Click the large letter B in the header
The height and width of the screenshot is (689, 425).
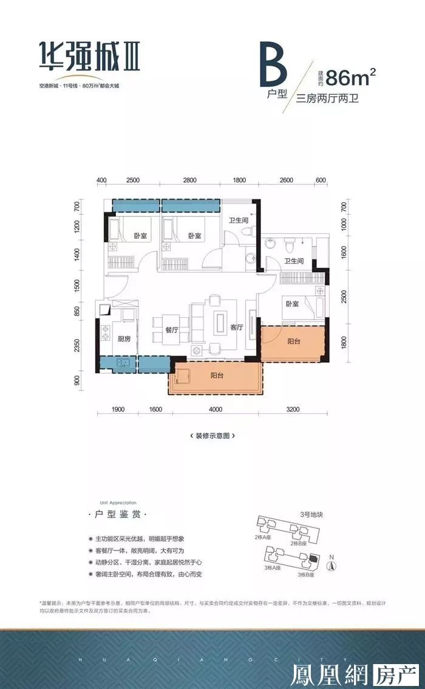click(272, 66)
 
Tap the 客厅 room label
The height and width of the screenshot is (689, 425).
click(237, 327)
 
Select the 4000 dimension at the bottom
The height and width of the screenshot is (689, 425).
click(216, 410)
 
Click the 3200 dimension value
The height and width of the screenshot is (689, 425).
click(293, 410)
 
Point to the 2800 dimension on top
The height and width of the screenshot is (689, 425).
click(189, 180)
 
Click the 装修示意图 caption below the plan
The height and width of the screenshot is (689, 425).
click(212, 436)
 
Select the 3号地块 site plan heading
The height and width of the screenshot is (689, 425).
click(311, 515)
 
